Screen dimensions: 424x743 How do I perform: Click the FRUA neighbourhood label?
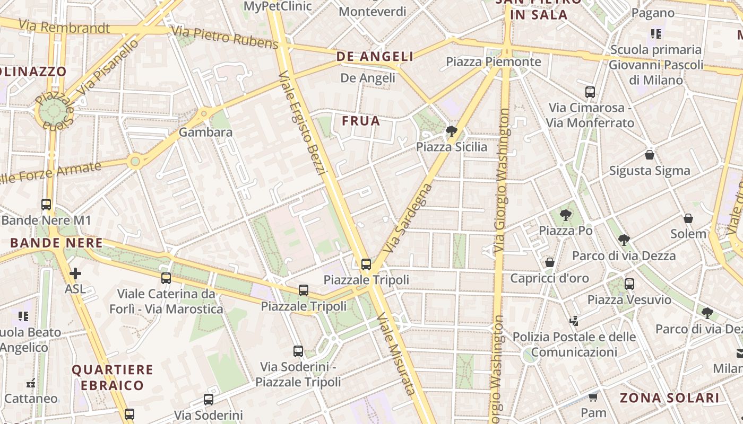[x=361, y=121]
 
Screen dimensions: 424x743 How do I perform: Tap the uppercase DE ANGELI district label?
[x=375, y=56]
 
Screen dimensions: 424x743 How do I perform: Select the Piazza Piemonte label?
[x=493, y=61]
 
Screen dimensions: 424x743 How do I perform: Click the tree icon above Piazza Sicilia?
[x=451, y=131]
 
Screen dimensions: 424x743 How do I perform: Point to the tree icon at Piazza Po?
[x=566, y=215]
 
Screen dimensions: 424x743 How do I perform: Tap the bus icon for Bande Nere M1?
[x=46, y=204]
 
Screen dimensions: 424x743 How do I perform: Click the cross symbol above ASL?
[x=75, y=273]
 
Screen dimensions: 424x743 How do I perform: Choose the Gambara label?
[x=205, y=132]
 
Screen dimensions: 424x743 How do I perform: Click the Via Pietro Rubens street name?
[x=224, y=37]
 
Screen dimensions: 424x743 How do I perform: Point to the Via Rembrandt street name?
[x=64, y=26]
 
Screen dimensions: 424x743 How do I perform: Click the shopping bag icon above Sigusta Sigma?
[x=649, y=155]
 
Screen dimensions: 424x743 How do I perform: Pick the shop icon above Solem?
[x=688, y=218]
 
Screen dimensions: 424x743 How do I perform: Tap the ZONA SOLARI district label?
[x=669, y=397]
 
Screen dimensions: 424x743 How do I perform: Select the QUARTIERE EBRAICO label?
[x=112, y=377]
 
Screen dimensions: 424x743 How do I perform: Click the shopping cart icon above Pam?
[x=593, y=397]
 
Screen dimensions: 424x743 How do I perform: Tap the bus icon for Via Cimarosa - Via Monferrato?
[x=590, y=92]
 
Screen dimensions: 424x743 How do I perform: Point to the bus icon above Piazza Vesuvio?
[x=629, y=284]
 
